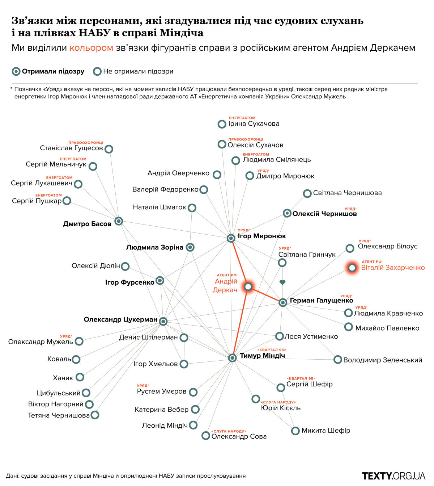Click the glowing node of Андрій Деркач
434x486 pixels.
click(248, 287)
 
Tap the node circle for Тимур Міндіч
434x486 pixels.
click(232, 358)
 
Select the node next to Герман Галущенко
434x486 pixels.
click(283, 302)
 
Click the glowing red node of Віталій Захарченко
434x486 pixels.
click(352, 268)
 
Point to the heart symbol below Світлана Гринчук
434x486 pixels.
click(282, 282)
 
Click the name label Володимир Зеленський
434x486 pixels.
click(383, 360)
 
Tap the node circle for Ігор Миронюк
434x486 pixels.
click(231, 238)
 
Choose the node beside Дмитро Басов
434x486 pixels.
click(119, 221)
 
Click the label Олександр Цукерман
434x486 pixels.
click(120, 319)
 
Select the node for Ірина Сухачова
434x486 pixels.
click(222, 124)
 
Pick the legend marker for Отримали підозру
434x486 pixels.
click(16, 71)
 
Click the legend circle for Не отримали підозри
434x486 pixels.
click(97, 71)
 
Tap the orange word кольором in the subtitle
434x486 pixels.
click(91, 48)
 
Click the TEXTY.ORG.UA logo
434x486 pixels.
click(393, 476)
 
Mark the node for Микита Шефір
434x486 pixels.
click(295, 431)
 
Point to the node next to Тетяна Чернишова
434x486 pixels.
click(95, 415)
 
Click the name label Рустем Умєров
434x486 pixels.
click(161, 391)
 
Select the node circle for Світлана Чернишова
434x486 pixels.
click(307, 194)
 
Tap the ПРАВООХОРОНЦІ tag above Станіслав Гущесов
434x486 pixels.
click(86, 143)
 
